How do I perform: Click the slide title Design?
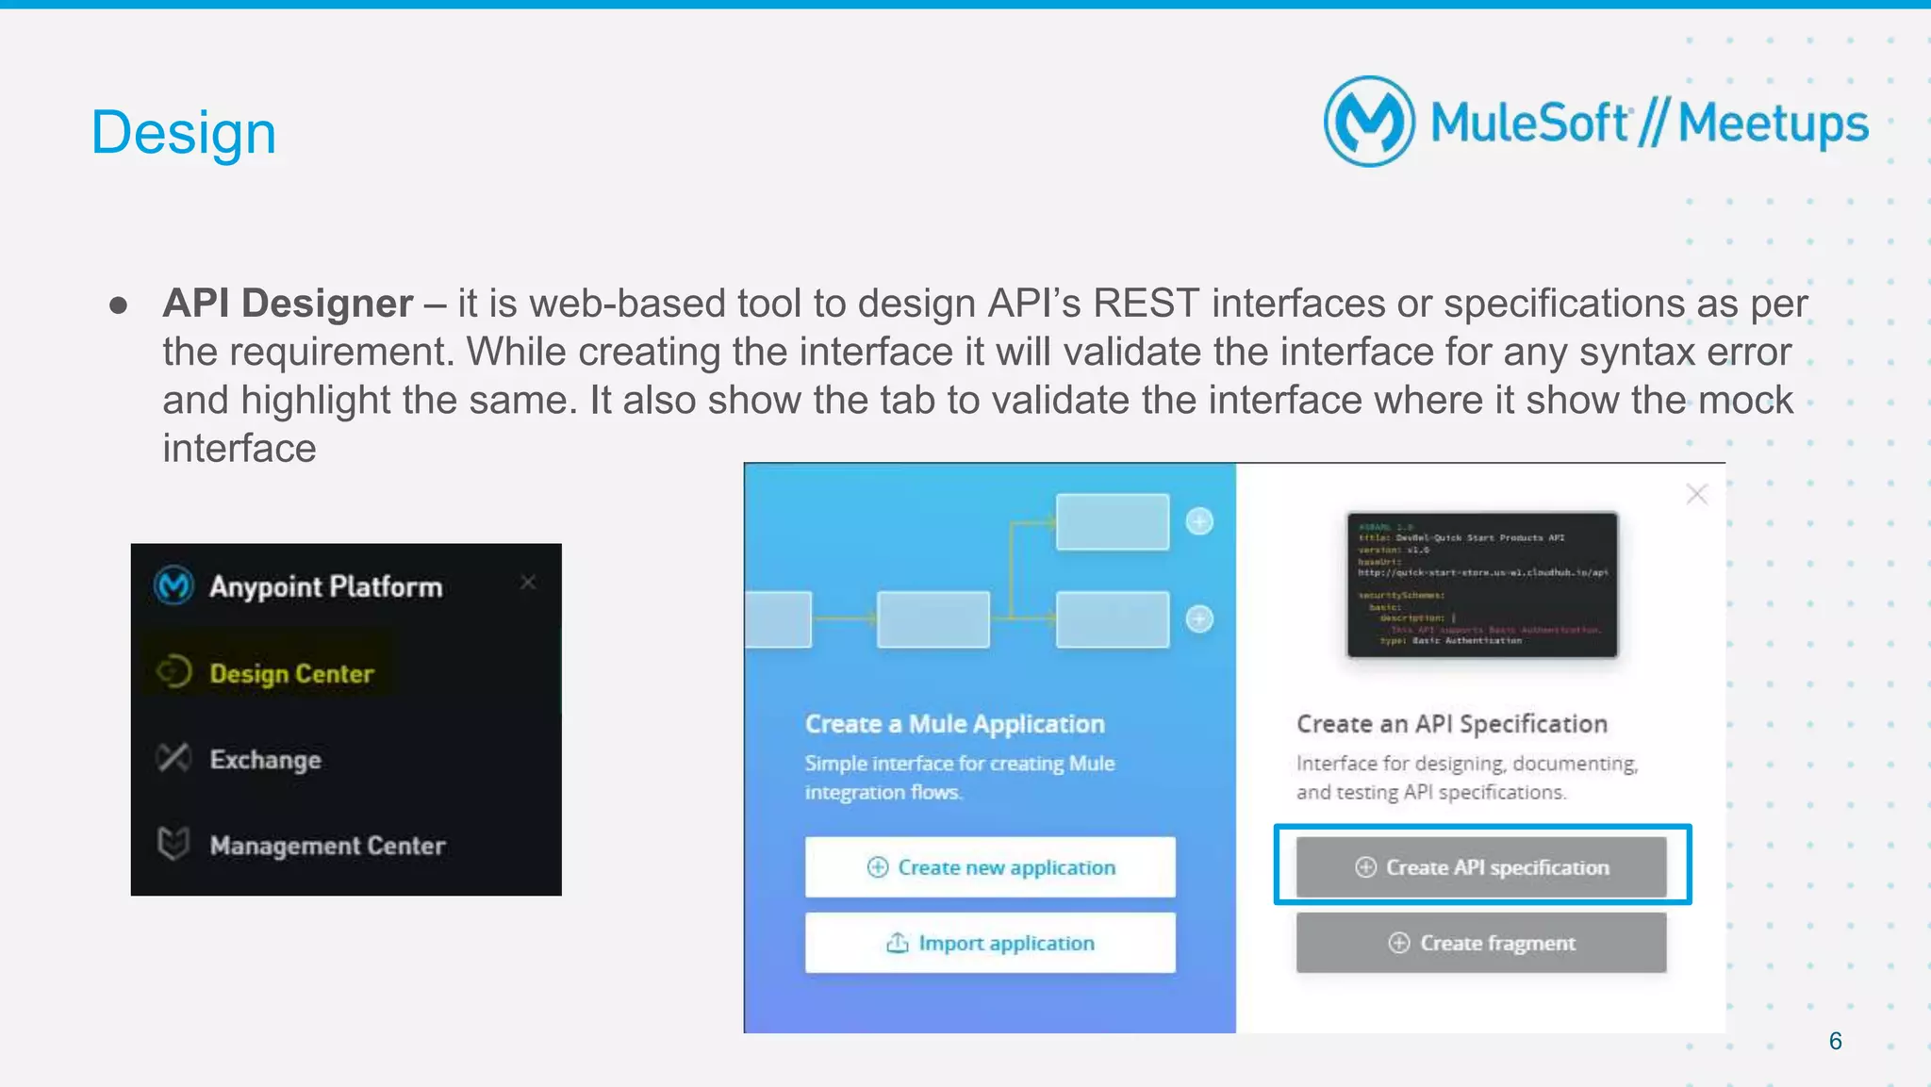(184, 132)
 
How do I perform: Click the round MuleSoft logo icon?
(1369, 122)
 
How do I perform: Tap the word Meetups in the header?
(1773, 124)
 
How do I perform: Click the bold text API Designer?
(288, 304)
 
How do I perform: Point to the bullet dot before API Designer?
(119, 305)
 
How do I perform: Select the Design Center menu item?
(291, 673)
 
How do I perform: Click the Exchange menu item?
(265, 760)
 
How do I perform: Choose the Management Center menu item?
(327, 846)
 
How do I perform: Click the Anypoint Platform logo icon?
(174, 585)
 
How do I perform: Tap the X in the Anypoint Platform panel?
(528, 583)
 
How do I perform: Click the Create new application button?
(990, 867)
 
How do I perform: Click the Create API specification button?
(1481, 867)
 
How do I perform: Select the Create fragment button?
(1481, 943)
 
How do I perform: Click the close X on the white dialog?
(1696, 494)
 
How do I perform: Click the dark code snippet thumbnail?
(1482, 585)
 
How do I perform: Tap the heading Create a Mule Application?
(954, 724)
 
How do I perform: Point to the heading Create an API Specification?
(1451, 724)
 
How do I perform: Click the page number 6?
(1835, 1041)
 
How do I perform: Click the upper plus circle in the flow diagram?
(1199, 521)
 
